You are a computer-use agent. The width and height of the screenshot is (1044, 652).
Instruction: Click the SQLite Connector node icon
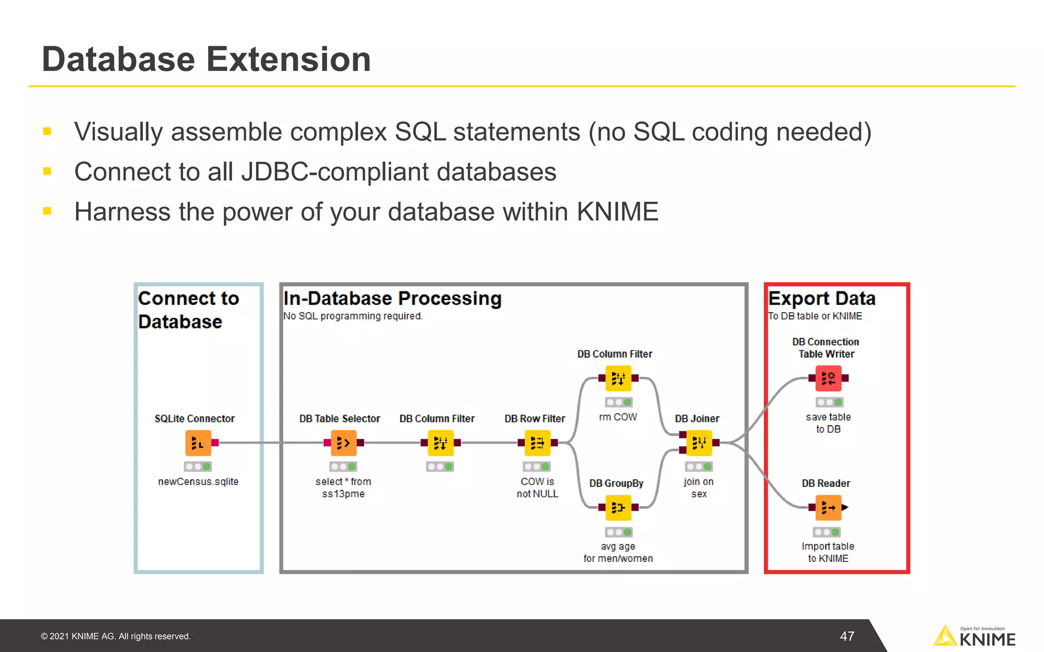tap(198, 443)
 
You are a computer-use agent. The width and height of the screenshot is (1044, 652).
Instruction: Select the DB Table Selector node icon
tap(343, 443)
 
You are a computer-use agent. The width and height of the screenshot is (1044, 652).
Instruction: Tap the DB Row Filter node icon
tap(537, 443)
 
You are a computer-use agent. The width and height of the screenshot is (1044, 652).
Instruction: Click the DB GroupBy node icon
tap(618, 507)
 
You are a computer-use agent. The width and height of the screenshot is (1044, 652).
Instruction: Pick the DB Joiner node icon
tap(699, 443)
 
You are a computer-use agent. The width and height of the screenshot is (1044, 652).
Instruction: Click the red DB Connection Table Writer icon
tap(828, 378)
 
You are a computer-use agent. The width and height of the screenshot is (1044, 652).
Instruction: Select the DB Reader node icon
tap(828, 507)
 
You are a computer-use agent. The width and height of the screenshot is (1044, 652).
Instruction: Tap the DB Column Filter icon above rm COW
tap(618, 378)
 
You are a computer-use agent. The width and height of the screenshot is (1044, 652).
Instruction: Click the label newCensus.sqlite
tap(198, 481)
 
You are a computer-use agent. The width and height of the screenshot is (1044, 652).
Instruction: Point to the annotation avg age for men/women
tap(618, 552)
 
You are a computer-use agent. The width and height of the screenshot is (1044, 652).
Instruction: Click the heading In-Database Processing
tap(392, 298)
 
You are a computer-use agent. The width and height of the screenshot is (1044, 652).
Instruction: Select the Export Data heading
tap(821, 298)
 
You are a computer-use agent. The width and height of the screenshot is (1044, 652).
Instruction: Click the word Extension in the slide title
tap(288, 59)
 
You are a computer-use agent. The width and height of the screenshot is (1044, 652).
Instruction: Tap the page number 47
tap(847, 636)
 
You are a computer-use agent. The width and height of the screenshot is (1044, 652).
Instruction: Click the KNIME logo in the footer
tap(974, 637)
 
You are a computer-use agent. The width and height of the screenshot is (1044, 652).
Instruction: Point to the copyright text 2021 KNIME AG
tap(116, 636)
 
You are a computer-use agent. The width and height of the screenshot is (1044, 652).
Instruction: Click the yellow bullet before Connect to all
tap(47, 172)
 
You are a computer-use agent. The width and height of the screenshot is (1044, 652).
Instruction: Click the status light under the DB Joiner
tap(699, 467)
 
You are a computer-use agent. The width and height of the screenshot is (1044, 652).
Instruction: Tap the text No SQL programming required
tap(353, 316)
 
